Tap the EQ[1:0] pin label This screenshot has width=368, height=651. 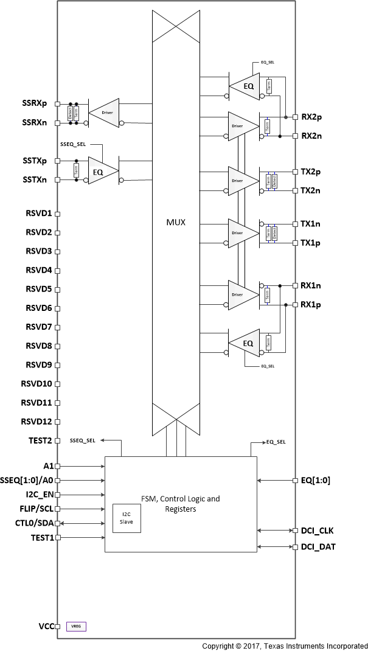point(316,479)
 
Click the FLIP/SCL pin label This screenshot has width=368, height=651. point(35,509)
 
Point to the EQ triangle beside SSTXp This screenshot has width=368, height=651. point(99,172)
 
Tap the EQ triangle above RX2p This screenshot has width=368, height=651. point(245,86)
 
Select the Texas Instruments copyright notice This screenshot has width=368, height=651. point(285,645)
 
